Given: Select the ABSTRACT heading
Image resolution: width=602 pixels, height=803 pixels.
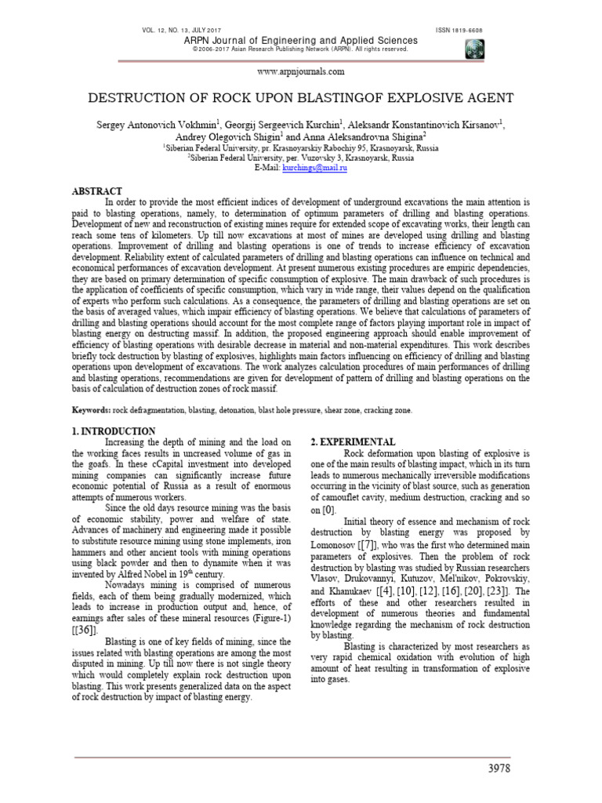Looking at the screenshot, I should point(97,191).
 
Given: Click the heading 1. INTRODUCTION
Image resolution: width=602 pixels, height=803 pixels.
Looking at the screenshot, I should point(114,431).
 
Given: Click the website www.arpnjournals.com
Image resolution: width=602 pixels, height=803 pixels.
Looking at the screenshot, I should point(300,72).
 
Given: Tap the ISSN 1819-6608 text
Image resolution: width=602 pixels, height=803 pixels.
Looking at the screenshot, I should point(459,30).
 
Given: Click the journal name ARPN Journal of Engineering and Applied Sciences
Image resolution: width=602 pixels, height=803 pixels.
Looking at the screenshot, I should point(300,39).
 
